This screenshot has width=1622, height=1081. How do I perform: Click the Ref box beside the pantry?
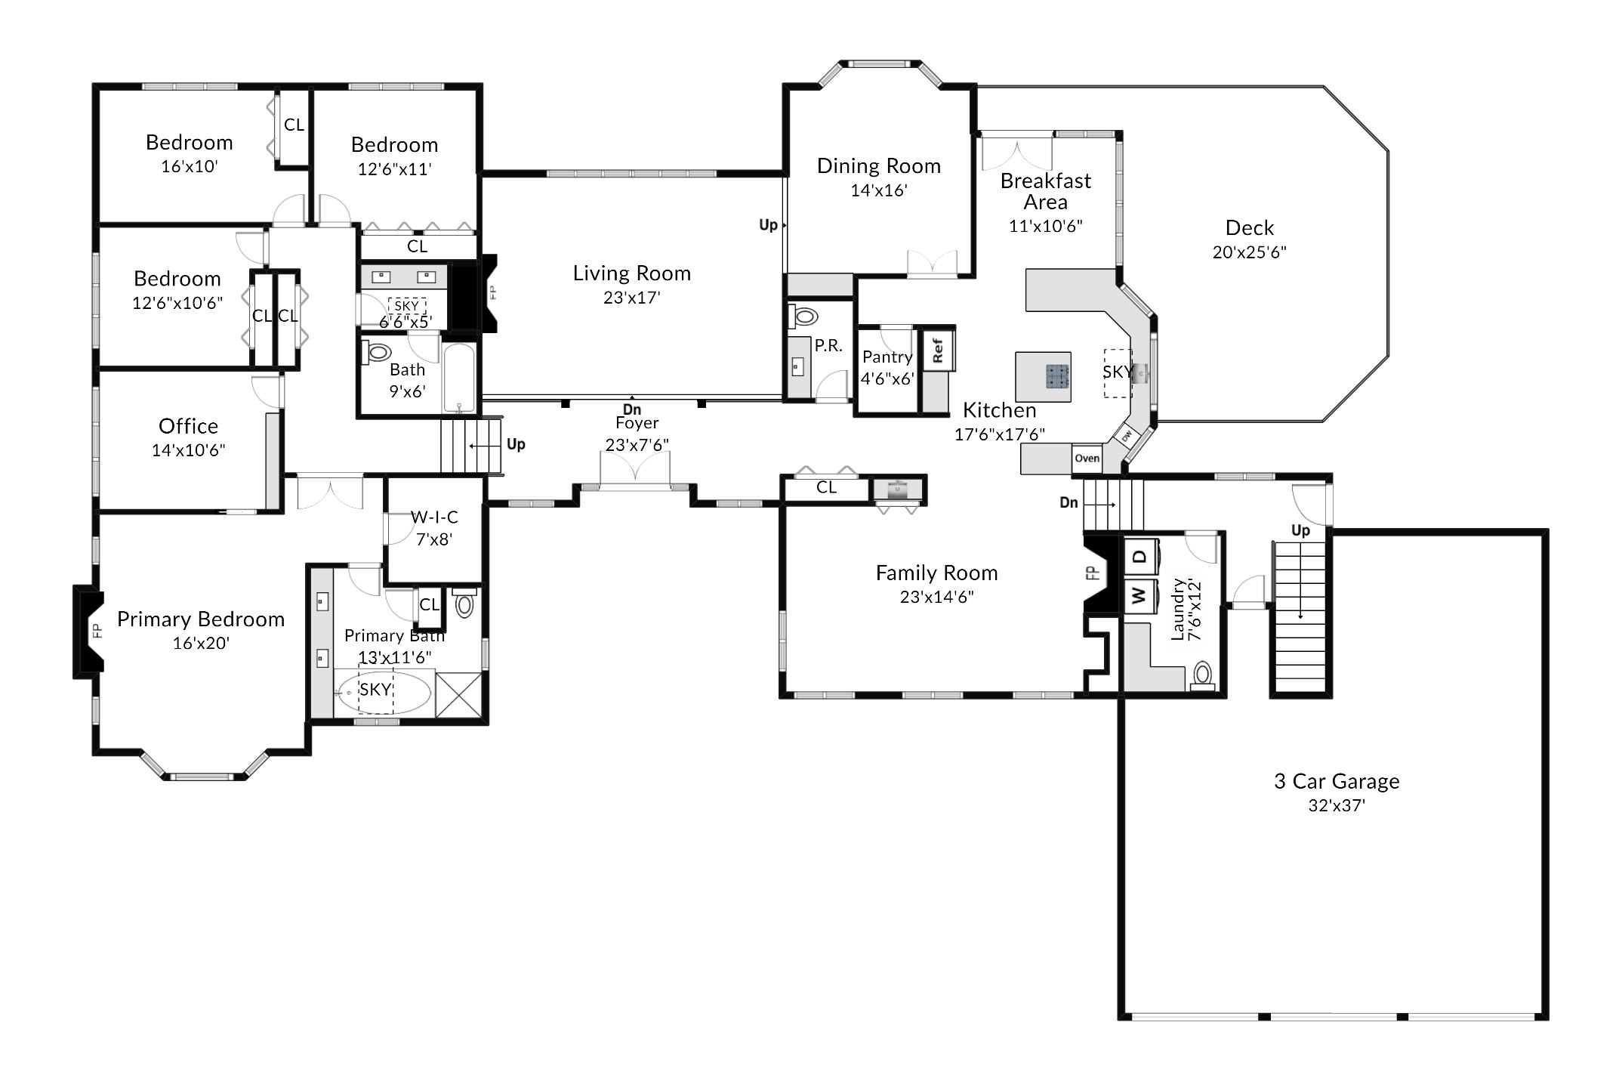[937, 351]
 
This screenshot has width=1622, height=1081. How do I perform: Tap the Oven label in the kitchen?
[1087, 459]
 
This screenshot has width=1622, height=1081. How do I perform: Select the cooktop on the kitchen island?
[1057, 376]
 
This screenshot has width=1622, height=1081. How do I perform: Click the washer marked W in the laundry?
[1140, 596]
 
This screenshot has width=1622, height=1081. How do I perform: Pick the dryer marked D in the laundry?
[1140, 557]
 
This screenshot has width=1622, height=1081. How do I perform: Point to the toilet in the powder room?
[805, 317]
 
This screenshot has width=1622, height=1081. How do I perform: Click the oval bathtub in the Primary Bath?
[384, 691]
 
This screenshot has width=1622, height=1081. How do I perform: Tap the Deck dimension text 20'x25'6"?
[1249, 252]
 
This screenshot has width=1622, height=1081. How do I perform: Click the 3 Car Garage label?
[1337, 781]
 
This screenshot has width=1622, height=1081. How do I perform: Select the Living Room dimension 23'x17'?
[631, 298]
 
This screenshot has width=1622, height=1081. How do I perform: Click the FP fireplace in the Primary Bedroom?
[88, 632]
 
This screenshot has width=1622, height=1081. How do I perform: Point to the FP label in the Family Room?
[1090, 573]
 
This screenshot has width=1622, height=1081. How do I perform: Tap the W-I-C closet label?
[434, 517]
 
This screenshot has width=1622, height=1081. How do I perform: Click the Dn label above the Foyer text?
[632, 409]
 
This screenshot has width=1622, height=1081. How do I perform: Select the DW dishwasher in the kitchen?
[1127, 437]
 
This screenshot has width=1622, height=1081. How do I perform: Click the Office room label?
[188, 426]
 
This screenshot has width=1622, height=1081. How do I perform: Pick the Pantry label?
[887, 357]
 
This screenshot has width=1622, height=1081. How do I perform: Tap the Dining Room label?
[879, 166]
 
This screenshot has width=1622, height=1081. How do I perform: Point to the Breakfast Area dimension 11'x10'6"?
[1046, 226]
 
